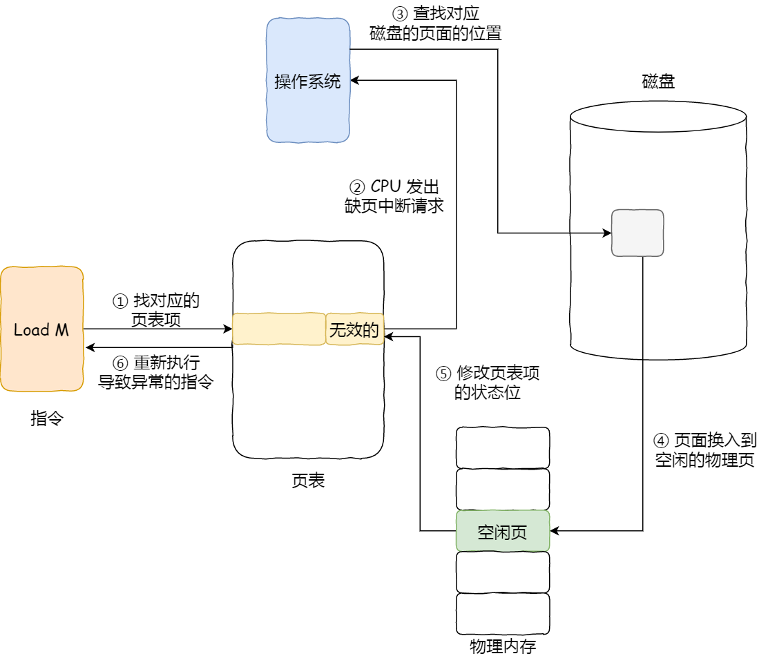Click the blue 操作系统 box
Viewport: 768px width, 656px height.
(308, 81)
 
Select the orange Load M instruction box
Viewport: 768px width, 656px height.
(42, 329)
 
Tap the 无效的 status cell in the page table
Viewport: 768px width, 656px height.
(354, 330)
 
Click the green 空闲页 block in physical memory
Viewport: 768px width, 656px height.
(503, 531)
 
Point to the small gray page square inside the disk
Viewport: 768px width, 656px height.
(637, 233)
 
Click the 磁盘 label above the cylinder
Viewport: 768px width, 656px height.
(657, 82)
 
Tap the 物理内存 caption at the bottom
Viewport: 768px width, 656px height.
(503, 646)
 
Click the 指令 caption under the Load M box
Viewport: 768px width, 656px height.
(47, 418)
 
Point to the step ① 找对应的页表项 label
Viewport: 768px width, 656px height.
(156, 310)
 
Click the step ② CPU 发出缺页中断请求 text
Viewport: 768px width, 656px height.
(394, 196)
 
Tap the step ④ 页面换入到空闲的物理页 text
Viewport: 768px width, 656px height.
(704, 450)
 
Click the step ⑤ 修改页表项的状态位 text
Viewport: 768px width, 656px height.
(488, 383)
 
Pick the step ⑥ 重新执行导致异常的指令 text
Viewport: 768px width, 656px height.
(156, 373)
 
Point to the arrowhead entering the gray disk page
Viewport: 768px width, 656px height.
(607, 233)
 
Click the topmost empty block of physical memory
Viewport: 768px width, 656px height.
(503, 447)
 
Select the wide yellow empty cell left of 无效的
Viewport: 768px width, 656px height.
(278, 329)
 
